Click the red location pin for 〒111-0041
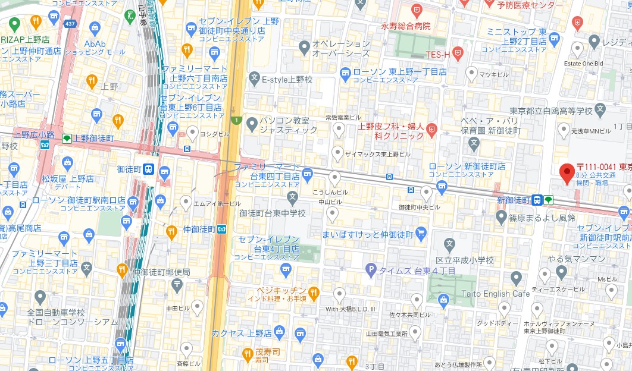pos(567,172)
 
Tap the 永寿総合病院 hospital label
pos(406,26)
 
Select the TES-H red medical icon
pos(457,54)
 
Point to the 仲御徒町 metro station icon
pos(221,229)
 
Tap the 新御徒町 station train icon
pos(537,200)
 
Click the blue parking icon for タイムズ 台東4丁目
pos(372,271)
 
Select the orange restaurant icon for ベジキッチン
pos(314,292)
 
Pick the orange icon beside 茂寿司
pos(248,355)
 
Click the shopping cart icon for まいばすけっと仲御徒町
pos(421,233)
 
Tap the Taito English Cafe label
pos(496,294)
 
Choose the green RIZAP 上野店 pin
pos(14,24)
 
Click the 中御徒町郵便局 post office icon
pos(177,285)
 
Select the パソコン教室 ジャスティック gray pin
pos(251,123)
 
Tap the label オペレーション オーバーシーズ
pos(342,48)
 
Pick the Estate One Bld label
pos(583,63)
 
